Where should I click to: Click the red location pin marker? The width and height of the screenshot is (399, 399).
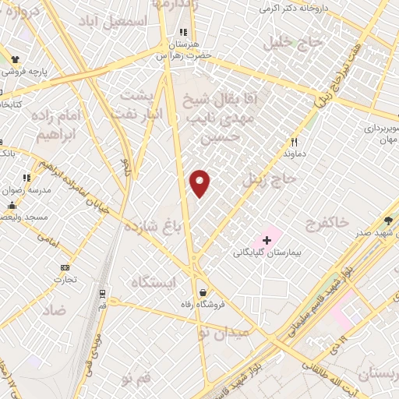(200, 183)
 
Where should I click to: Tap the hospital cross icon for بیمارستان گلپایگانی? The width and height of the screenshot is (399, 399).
(267, 240)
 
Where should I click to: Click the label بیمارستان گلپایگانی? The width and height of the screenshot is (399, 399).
(267, 253)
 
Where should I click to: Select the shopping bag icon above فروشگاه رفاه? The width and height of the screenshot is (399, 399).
(203, 291)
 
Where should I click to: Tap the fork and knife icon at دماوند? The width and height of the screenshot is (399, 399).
(294, 142)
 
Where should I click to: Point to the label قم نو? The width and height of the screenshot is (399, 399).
(133, 378)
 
